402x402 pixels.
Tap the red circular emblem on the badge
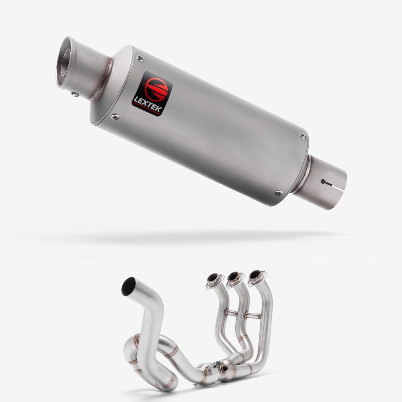[x=156, y=89]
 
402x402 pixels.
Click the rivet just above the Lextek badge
[x=140, y=59]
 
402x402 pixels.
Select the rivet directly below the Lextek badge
[x=115, y=117]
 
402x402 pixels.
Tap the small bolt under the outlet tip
[x=75, y=94]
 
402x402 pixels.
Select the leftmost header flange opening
[x=213, y=277]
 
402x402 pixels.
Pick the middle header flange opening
[x=233, y=276]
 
